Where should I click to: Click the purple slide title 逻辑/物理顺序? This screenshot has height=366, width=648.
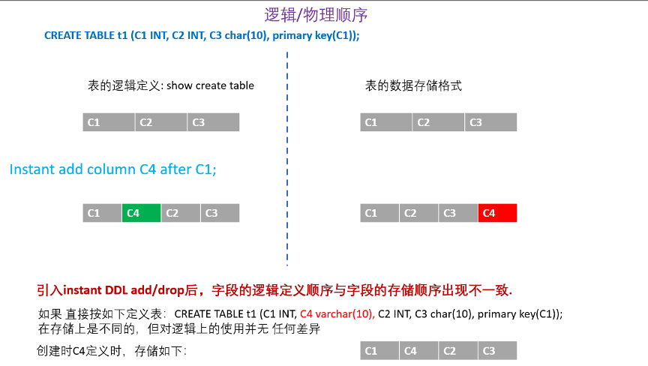coord(316,15)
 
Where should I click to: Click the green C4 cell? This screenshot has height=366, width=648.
coord(141,213)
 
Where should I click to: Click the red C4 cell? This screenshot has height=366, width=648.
coord(497,213)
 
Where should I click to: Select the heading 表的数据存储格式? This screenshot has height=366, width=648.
coord(413,85)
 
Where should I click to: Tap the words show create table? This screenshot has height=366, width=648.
coord(210,85)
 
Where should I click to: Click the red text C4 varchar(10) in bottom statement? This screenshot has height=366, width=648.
coord(337,313)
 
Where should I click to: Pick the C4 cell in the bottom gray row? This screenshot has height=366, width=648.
coord(419,350)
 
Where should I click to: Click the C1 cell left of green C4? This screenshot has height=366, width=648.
coord(102,213)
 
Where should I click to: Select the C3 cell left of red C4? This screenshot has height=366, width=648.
coord(458,213)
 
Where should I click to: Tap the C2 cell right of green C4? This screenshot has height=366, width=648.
coord(180,213)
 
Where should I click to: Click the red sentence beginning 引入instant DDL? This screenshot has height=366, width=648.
coord(274,289)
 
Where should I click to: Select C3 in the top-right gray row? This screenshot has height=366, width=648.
coord(490,122)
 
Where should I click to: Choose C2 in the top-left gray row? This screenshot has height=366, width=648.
coord(160,122)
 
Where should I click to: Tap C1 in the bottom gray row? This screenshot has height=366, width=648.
coord(379,350)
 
